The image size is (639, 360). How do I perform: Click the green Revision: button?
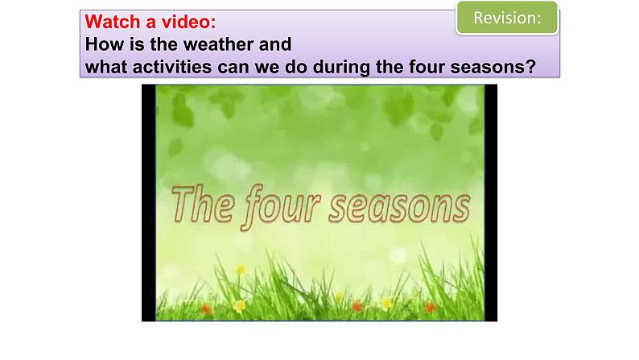pos(506,19)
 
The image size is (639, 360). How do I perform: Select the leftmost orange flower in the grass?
pos(207,308)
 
